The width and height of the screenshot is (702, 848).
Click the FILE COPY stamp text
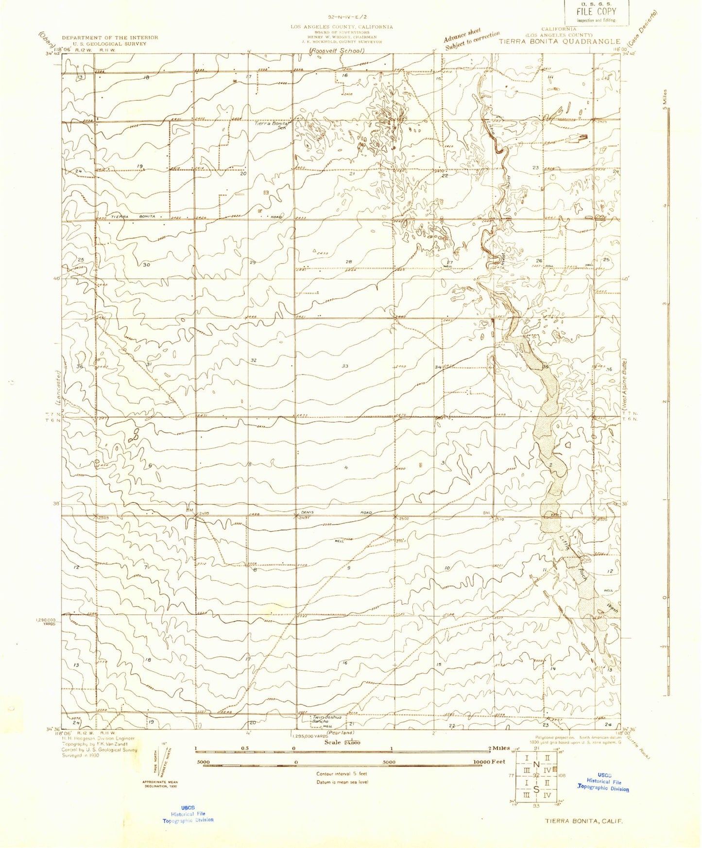coord(596,12)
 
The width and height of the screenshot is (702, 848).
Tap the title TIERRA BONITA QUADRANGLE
coord(560,42)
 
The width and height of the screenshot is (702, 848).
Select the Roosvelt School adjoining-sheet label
coord(337,51)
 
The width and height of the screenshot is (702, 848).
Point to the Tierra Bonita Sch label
coord(273,124)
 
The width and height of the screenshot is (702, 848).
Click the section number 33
coord(345,366)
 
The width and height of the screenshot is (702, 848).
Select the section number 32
coord(253,360)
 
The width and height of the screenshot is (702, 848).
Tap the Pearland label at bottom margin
coord(340,732)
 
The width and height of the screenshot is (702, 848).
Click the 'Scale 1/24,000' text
coord(342,743)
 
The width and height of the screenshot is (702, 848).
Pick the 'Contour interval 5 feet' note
coord(342,774)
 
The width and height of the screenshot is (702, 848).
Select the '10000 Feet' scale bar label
coord(489,762)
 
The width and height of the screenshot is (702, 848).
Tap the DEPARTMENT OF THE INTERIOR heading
coord(110,37)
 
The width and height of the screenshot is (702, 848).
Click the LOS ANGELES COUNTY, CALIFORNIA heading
coord(342,27)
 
